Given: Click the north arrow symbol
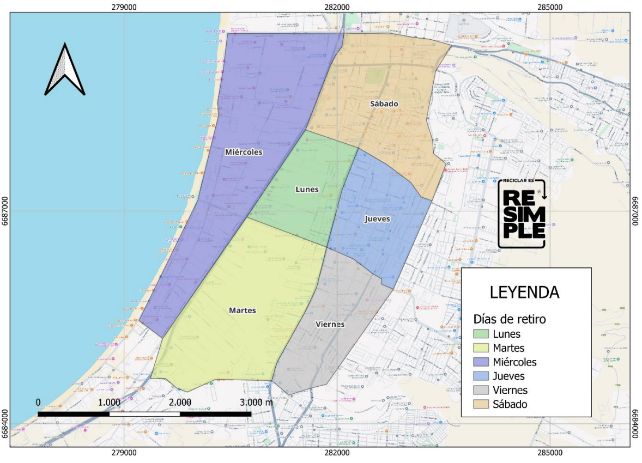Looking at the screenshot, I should coord(65,70).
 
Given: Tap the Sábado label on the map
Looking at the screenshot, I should coord(384,103).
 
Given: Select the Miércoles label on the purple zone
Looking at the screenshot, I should coord(244,152).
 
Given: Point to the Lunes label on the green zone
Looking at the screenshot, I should coord(307,189).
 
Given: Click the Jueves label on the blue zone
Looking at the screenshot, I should coord(377,219).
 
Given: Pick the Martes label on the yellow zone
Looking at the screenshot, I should coord(243,310).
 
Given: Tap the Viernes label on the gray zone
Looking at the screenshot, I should coord(330,324).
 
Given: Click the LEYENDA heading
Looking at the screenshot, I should coord(524,293).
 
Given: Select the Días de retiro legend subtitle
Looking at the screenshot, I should coord(510,319).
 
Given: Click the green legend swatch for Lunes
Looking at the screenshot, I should coord(481,334).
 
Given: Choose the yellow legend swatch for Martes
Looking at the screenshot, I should coord(481,348).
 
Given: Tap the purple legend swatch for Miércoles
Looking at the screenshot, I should coord(481,362).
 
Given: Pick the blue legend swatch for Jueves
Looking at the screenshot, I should coord(481,376).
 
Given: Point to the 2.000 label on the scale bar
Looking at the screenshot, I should coord(180,403).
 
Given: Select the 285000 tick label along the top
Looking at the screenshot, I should coord(550,7).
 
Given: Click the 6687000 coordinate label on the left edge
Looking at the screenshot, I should coord(5,211).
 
